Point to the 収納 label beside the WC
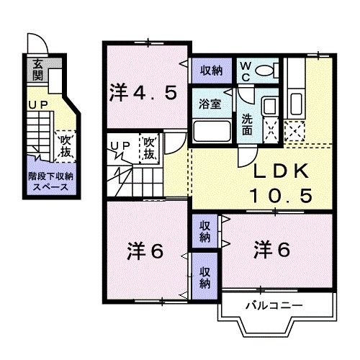click(210, 70)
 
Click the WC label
click(244, 70)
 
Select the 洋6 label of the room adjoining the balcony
click(271, 250)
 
